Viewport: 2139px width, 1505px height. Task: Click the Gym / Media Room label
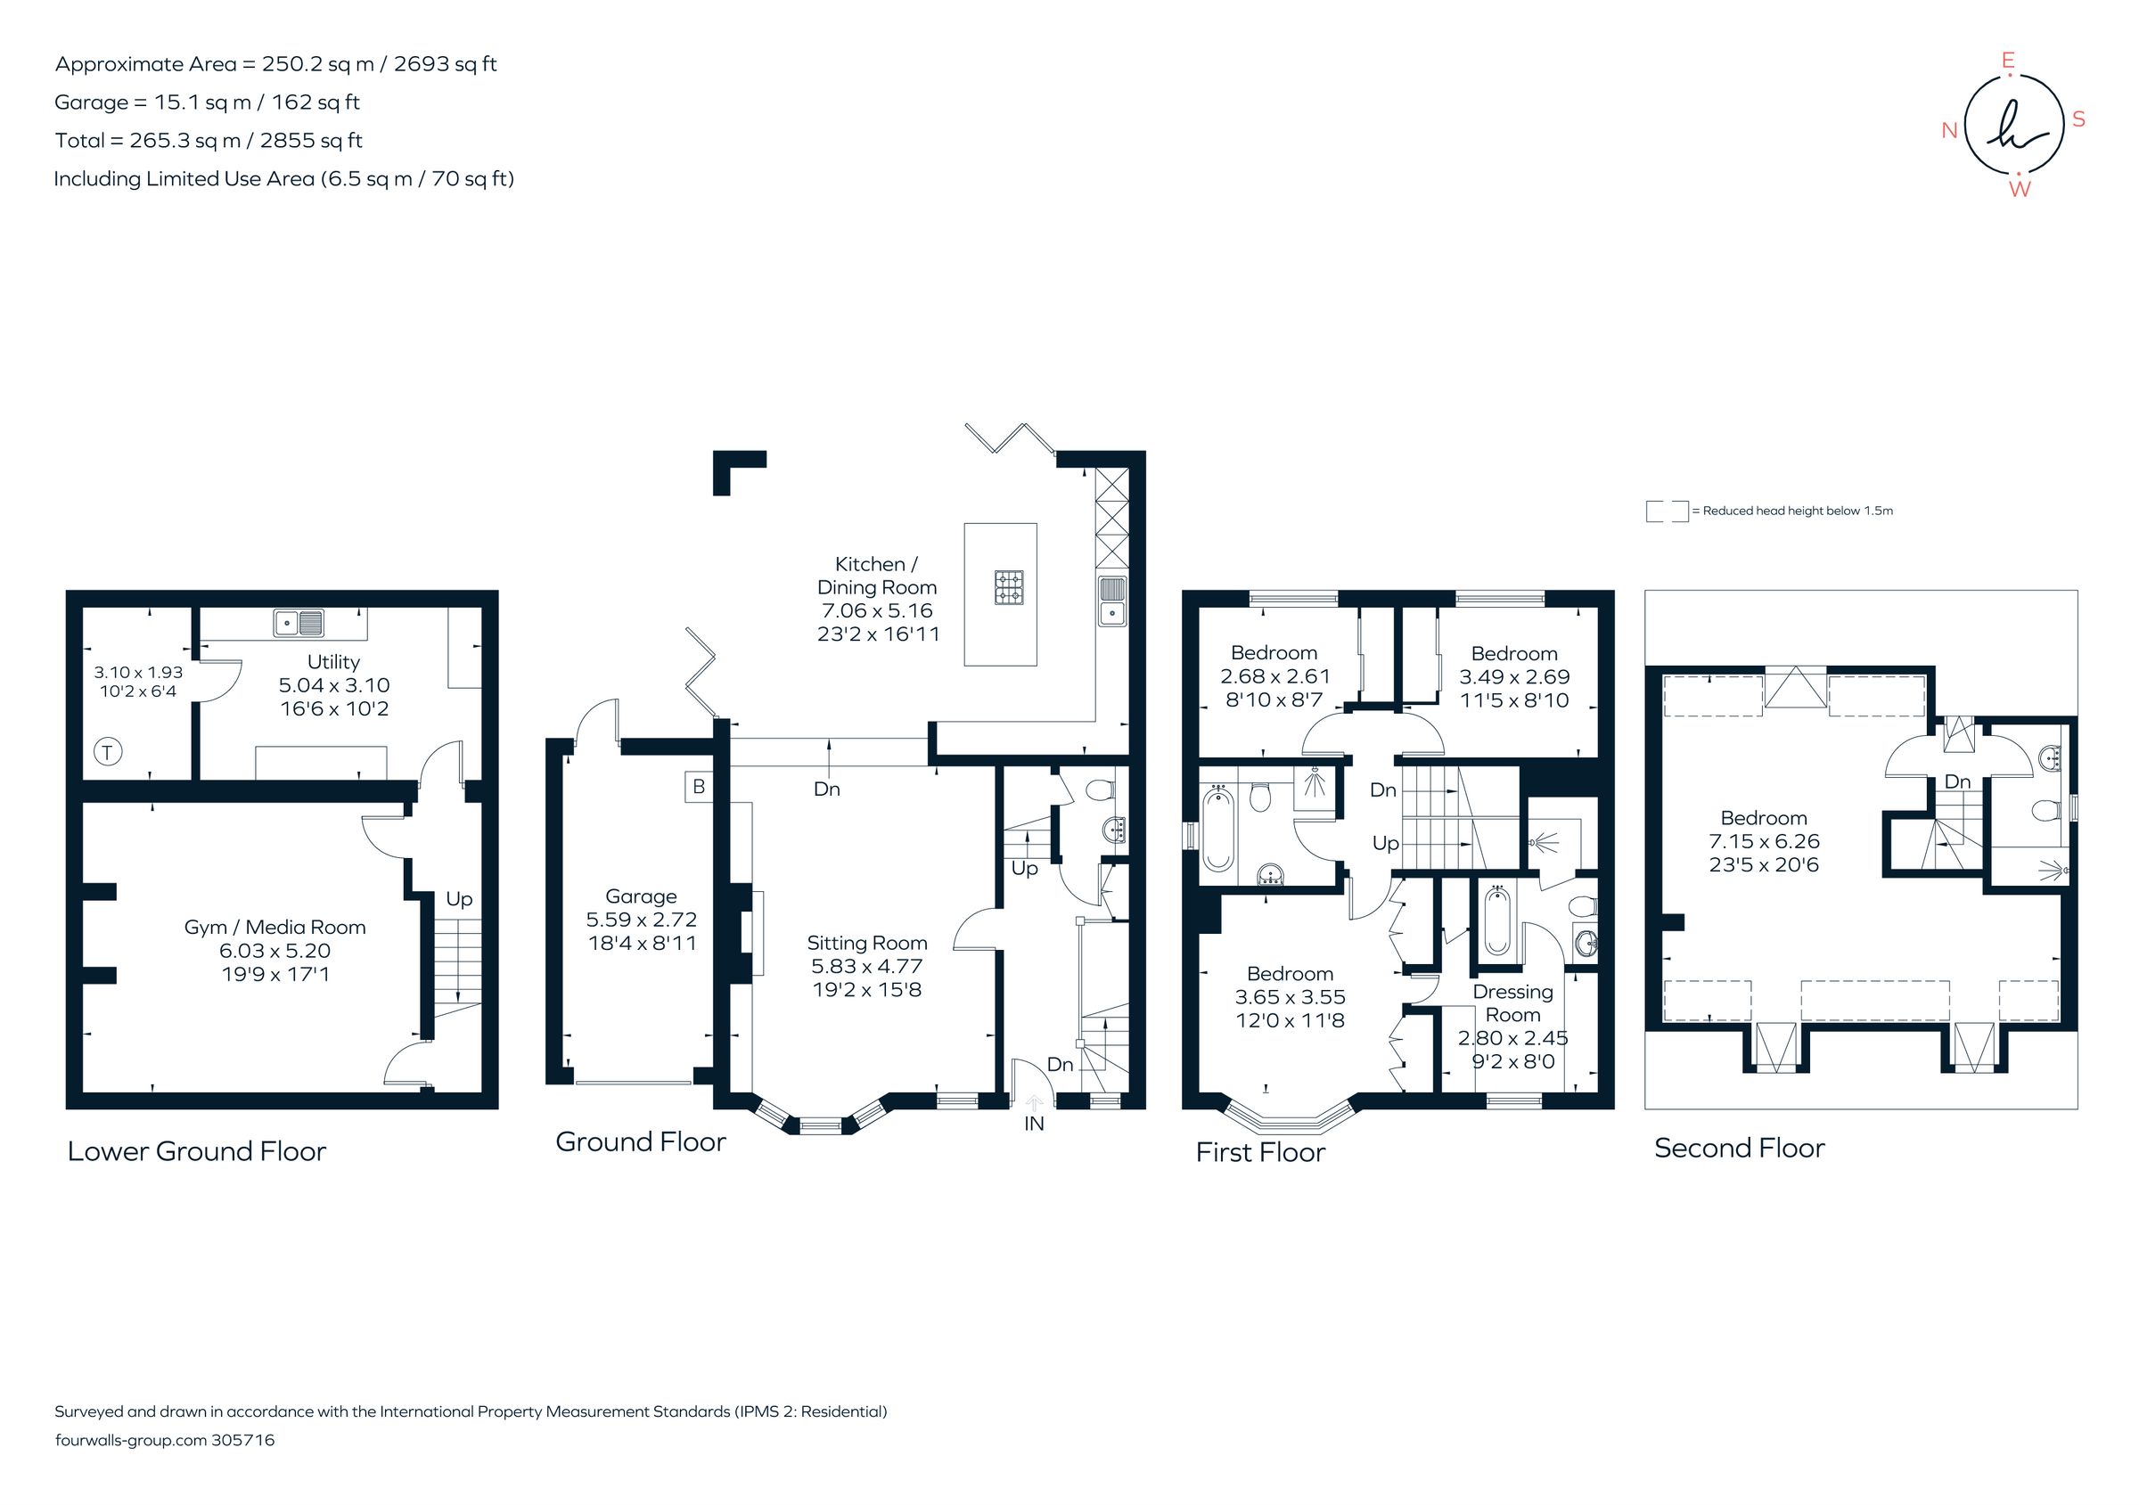coord(275,928)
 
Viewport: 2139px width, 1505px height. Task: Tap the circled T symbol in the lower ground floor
coord(108,751)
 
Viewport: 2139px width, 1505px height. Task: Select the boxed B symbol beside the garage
coord(699,787)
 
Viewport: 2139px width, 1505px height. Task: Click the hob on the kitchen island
coord(1009,588)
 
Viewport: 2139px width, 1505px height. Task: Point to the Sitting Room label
coord(866,943)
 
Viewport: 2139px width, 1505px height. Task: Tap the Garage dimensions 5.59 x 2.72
coord(641,920)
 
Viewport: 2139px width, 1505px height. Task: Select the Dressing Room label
coord(1512,1003)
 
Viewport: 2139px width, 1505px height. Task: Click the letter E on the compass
coord(2009,61)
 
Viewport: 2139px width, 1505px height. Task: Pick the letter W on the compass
coord(2019,190)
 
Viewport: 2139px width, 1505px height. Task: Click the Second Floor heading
coord(1739,1149)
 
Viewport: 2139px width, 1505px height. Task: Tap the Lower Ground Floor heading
coord(197,1151)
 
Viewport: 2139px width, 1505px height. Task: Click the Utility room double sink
coord(299,622)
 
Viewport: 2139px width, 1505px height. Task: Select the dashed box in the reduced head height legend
coord(1667,511)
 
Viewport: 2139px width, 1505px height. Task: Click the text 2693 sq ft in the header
coord(446,64)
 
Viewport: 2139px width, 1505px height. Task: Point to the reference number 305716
coord(243,1440)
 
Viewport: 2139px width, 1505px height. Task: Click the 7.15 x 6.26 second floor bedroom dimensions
coord(1764,841)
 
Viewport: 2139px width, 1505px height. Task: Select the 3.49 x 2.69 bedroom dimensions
coord(1514,677)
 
